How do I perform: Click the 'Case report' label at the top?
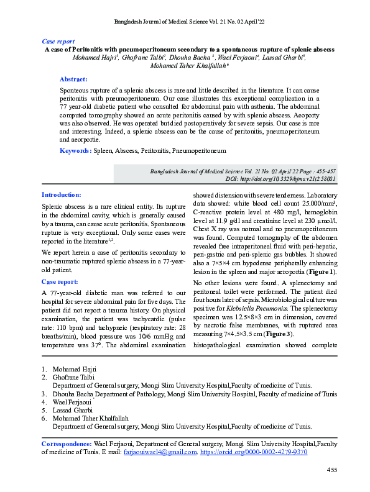pyautogui.click(x=57, y=40)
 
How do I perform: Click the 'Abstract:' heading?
pyautogui.click(x=73, y=80)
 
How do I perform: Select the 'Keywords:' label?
pyautogui.click(x=75, y=151)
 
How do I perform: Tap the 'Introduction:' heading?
pyautogui.click(x=61, y=194)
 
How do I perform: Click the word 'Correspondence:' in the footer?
pyautogui.click(x=66, y=444)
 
